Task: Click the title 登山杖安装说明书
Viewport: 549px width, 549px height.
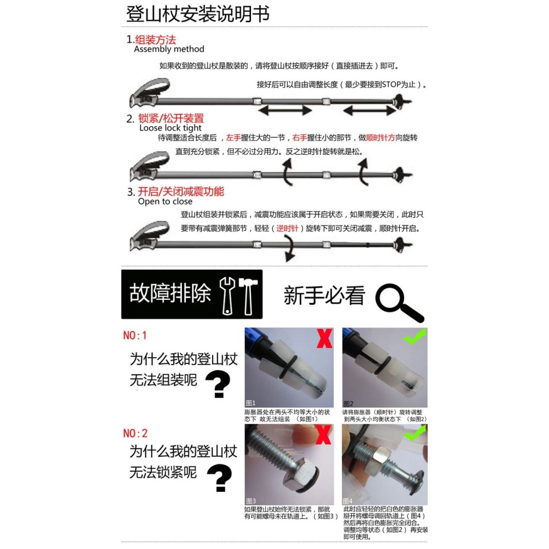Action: (x=198, y=14)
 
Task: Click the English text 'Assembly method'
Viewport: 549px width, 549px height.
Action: (x=169, y=49)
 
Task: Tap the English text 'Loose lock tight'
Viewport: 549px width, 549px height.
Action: (x=171, y=128)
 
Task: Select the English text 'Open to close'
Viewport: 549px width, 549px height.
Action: (x=165, y=201)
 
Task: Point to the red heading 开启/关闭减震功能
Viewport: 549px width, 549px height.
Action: (x=181, y=192)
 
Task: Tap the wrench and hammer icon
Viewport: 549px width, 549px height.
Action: (x=239, y=295)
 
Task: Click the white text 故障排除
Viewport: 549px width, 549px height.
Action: (x=170, y=294)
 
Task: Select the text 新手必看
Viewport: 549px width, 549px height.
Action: (x=324, y=296)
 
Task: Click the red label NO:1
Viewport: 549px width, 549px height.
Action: (x=135, y=335)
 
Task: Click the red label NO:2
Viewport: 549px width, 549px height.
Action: (x=135, y=433)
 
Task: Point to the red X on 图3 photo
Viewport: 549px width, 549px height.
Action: (x=323, y=435)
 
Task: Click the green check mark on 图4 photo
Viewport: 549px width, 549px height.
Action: (x=414, y=434)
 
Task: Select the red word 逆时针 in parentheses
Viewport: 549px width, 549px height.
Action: (x=287, y=228)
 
